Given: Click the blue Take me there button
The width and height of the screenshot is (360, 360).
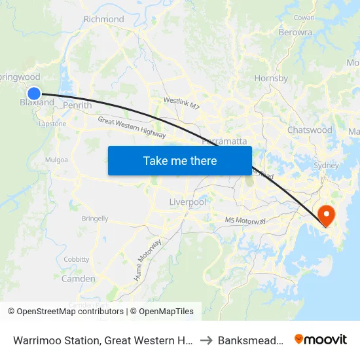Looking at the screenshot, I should click(x=180, y=160).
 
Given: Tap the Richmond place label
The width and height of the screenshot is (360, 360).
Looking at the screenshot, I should click(x=103, y=19).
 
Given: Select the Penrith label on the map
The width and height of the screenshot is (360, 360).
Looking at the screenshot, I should click(x=77, y=105).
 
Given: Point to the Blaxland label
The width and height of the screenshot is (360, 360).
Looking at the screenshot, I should click(x=37, y=103).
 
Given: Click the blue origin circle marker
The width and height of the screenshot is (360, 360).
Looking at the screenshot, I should click(x=35, y=94).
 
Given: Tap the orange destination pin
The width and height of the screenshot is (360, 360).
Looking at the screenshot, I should click(x=325, y=214).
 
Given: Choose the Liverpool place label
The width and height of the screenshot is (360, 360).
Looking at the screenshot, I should click(x=188, y=202).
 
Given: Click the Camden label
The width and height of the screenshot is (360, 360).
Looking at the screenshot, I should click(x=78, y=279).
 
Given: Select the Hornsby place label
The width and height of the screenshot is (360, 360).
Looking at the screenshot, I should click(x=271, y=79).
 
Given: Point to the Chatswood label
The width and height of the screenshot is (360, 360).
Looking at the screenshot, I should click(x=310, y=130).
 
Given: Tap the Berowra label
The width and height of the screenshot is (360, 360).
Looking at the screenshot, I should click(x=295, y=31).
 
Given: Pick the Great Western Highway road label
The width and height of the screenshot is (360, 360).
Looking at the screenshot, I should click(x=132, y=127).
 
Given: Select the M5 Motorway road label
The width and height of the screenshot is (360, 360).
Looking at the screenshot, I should click(x=245, y=221).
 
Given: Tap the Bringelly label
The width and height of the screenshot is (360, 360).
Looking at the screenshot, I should click(x=95, y=218).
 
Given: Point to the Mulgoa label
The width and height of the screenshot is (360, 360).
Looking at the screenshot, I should click(x=56, y=159).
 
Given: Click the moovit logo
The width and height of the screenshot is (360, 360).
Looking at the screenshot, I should click(x=321, y=339).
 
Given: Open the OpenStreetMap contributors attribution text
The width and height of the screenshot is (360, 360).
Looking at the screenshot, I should click(x=70, y=312).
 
